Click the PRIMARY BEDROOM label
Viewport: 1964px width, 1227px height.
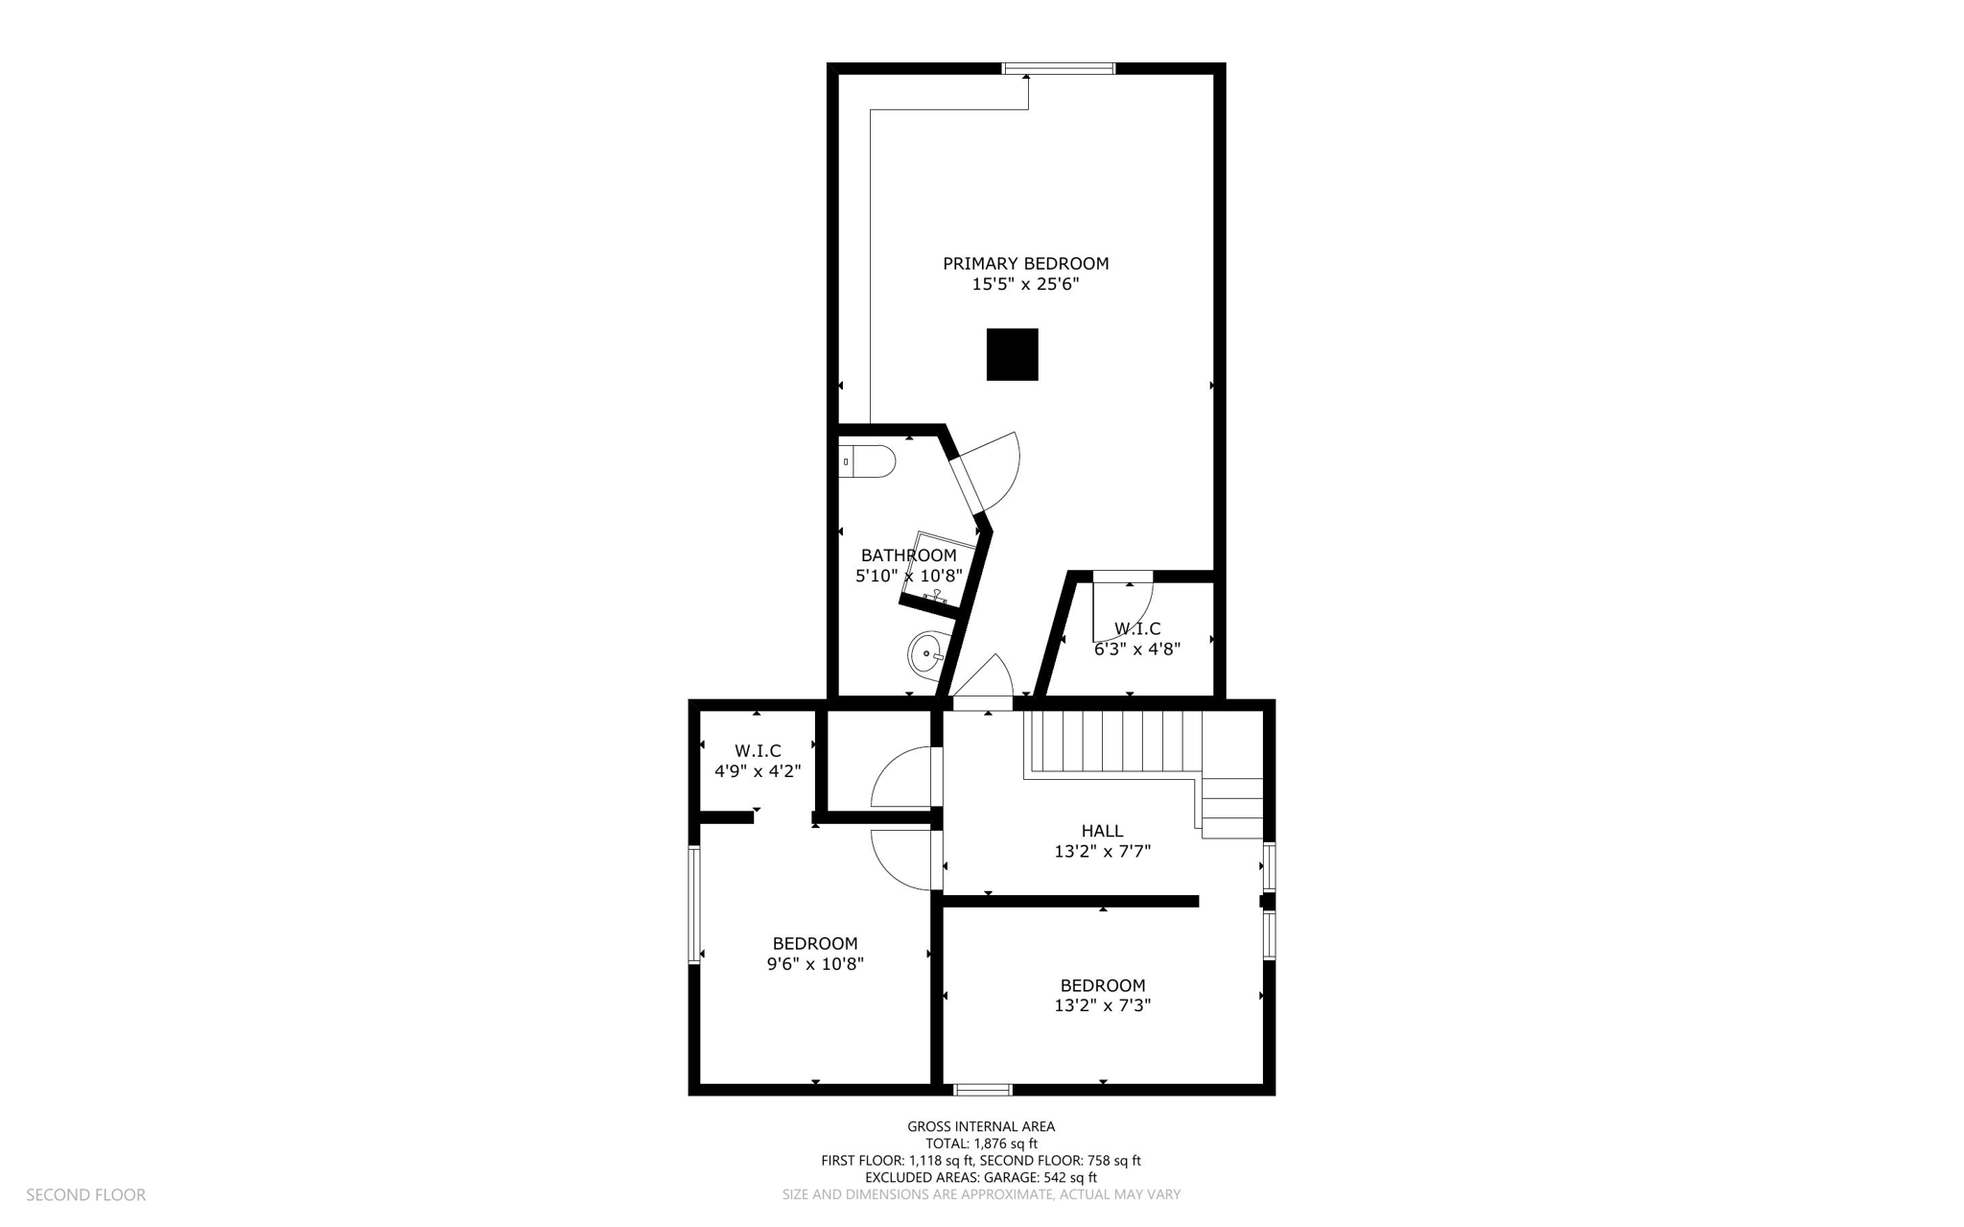(1025, 263)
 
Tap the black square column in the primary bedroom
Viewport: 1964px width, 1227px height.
(1012, 354)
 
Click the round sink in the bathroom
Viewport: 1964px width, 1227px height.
(927, 656)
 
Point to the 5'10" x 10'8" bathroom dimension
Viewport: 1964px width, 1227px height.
(907, 576)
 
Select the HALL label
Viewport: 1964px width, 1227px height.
(1102, 831)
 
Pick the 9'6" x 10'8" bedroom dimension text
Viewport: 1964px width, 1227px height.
(815, 964)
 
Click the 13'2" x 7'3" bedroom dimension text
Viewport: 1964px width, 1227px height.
(1102, 1005)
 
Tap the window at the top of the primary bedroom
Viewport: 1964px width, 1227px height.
(1059, 68)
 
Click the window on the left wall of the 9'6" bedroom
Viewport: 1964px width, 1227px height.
(693, 904)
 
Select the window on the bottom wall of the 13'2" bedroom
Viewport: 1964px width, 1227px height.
(982, 1089)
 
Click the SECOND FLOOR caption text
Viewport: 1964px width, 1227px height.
(85, 1194)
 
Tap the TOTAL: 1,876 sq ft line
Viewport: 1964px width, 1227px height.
(981, 1144)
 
